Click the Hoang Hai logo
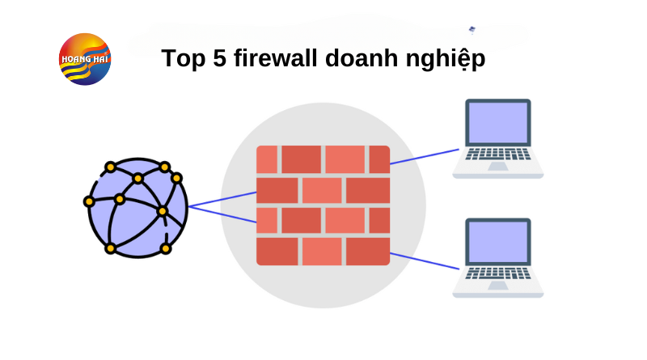point(85,59)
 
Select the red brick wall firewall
point(323,205)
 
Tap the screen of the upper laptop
point(497,122)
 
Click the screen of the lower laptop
point(497,241)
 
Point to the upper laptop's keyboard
point(497,154)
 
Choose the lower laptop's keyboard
point(497,273)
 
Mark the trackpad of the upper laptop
point(497,167)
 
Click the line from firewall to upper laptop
point(425,156)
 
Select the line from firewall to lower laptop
point(425,260)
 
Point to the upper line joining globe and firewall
point(222,199)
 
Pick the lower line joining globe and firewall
point(222,214)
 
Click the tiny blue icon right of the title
point(472,30)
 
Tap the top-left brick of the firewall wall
point(267,159)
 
